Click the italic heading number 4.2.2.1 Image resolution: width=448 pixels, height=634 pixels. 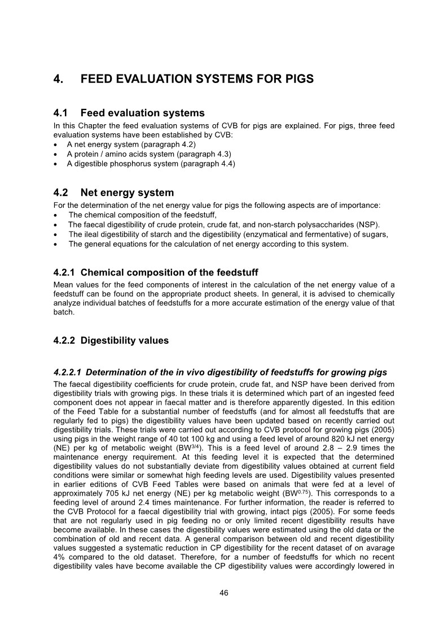67,372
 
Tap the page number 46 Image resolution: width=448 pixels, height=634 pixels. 224,593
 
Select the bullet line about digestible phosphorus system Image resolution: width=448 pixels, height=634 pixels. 151,164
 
